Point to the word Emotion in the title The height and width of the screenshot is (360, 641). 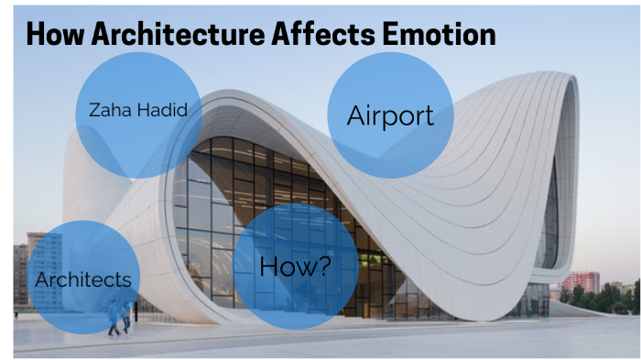tap(439, 34)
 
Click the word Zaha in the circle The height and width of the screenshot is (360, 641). tap(108, 110)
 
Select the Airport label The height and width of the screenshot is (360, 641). tap(389, 116)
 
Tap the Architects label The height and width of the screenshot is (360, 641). tap(82, 279)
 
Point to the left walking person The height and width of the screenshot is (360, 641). tap(114, 316)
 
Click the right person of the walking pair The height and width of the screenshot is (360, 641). tap(126, 316)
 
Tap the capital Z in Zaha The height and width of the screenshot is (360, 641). tap(93, 110)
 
